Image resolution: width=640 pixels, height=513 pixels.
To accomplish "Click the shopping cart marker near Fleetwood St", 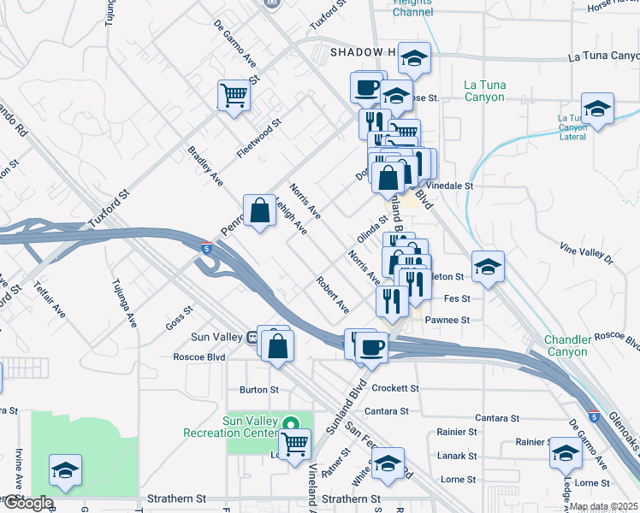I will click(x=233, y=94).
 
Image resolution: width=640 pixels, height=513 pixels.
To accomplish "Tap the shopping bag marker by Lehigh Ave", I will click(x=259, y=209).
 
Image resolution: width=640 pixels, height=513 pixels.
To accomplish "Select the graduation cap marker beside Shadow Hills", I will click(x=414, y=57).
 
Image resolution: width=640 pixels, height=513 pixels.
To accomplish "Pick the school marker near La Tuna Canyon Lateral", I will click(x=597, y=108).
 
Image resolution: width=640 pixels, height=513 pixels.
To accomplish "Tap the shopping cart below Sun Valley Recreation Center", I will click(x=294, y=443).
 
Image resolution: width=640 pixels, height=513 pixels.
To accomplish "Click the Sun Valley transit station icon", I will click(x=251, y=336).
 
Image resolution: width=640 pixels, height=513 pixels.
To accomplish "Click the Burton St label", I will click(x=259, y=389).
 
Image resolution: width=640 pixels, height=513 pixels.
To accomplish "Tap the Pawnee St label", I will click(x=453, y=320).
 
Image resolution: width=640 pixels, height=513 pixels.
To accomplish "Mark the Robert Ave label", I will click(x=332, y=294).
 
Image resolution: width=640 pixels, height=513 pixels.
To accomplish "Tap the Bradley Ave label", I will click(x=205, y=166).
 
